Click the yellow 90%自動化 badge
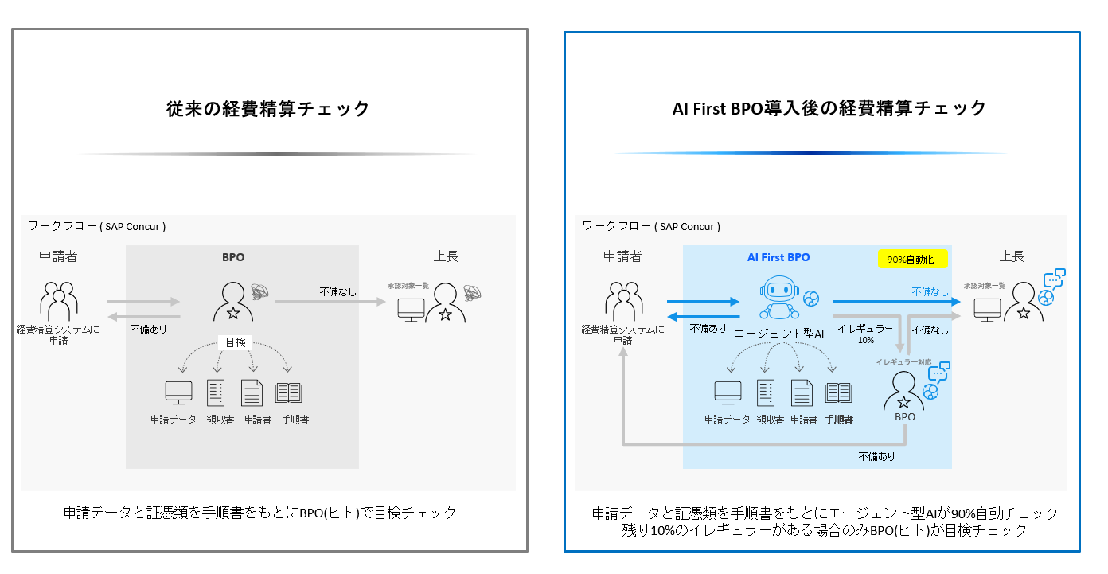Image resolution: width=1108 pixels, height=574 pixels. (912, 259)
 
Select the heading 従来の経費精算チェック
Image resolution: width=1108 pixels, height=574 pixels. (268, 108)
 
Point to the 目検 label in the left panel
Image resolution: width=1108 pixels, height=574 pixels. (235, 342)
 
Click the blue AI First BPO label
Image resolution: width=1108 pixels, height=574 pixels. (778, 257)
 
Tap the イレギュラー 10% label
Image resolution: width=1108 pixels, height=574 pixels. (865, 333)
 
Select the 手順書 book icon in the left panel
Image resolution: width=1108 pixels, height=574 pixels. (288, 393)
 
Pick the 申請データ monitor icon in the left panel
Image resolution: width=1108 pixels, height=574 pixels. (178, 393)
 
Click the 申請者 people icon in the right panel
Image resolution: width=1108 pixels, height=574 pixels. (623, 301)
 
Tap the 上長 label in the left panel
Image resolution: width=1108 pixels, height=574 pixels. (446, 256)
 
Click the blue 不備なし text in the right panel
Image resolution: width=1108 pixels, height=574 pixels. (930, 292)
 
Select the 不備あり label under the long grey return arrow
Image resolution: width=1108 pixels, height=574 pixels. (876, 457)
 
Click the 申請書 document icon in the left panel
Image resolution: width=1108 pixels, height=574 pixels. (252, 393)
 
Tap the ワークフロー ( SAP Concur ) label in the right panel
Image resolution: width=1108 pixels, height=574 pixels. (651, 226)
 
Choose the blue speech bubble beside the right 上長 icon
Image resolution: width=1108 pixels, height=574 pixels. (1054, 279)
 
